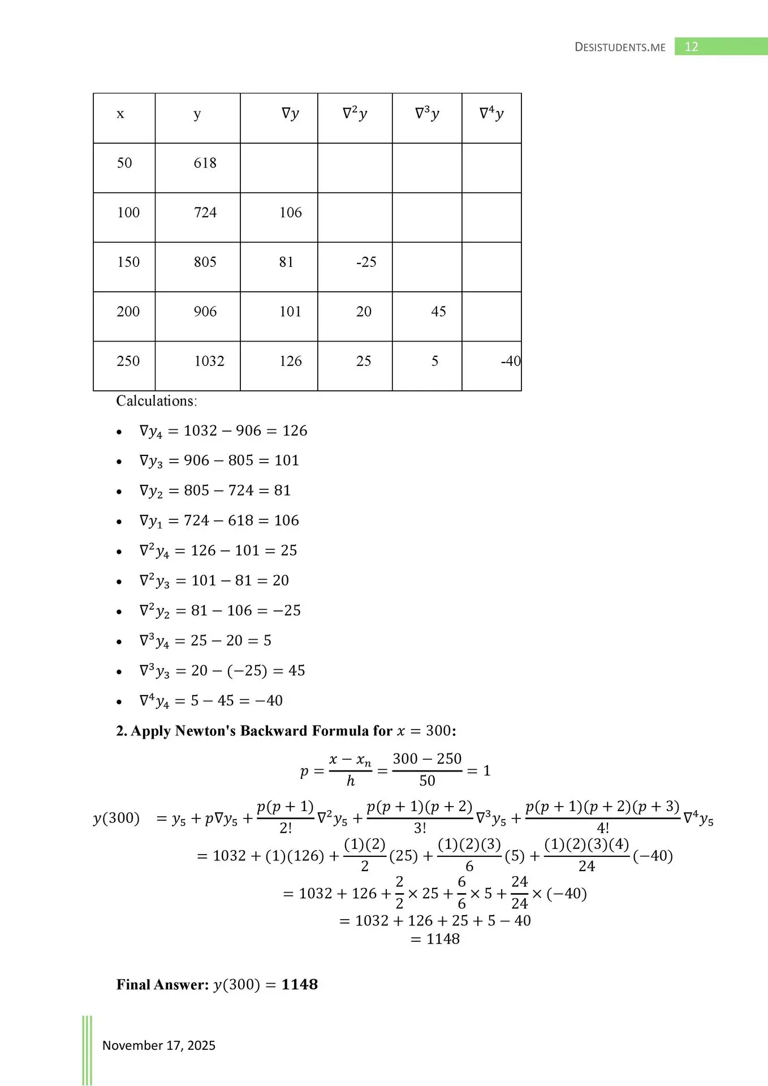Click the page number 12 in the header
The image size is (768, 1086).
691,47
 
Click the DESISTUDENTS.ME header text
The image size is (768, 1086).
620,48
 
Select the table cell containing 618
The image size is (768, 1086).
205,163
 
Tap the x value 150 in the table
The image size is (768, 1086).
128,262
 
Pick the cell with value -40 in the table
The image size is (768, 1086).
510,361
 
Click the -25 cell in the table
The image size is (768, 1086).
366,262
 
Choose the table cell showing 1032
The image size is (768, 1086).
209,361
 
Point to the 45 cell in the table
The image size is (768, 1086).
438,312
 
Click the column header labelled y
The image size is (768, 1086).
197,114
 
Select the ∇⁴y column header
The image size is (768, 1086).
491,114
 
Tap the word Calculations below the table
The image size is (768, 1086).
156,401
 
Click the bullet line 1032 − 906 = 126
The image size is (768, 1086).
223,431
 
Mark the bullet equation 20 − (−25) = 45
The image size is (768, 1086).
222,671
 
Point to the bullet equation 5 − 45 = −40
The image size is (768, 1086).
211,701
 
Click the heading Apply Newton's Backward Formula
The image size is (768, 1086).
286,731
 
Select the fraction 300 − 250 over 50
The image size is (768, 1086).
427,770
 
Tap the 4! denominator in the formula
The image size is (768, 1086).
603,828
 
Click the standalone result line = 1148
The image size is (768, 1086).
435,939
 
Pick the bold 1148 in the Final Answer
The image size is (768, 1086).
300,985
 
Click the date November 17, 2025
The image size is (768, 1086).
159,1045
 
